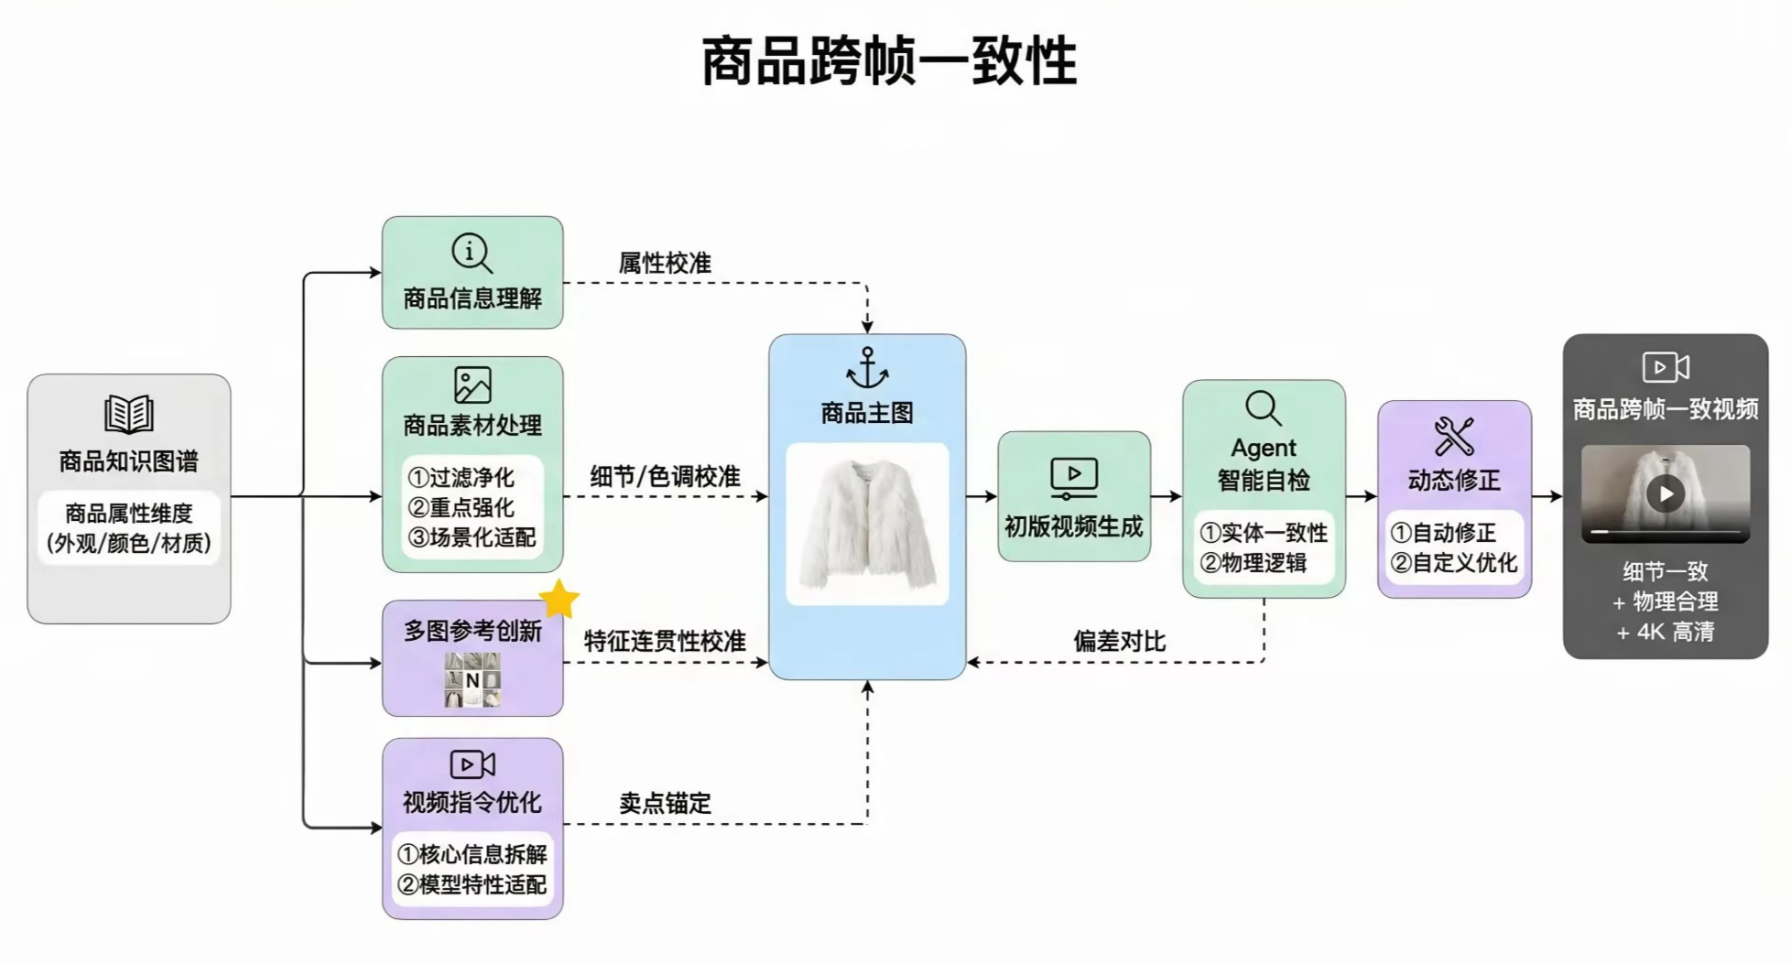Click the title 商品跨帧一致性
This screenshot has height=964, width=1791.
(x=888, y=61)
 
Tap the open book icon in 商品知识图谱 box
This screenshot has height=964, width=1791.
(x=128, y=414)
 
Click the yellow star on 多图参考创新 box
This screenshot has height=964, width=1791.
(x=559, y=600)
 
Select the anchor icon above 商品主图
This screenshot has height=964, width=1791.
(x=866, y=368)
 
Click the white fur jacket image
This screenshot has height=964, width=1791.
(x=866, y=525)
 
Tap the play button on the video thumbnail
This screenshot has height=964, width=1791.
(x=1665, y=494)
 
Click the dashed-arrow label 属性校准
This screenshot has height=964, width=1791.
(x=665, y=264)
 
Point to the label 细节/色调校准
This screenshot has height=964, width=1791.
(x=665, y=476)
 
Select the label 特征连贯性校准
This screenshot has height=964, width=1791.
(x=665, y=641)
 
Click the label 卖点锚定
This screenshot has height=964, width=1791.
(x=665, y=803)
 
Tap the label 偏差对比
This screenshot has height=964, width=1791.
(x=1119, y=641)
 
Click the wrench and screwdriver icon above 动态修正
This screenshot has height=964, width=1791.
(x=1453, y=437)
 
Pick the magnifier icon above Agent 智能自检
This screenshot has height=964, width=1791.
(x=1263, y=408)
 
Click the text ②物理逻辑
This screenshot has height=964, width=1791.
(x=1254, y=563)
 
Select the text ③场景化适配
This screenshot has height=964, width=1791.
(x=472, y=537)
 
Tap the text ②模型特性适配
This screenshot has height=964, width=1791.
(x=472, y=884)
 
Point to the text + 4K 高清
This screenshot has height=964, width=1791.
(x=1665, y=632)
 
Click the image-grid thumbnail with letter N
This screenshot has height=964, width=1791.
(x=472, y=680)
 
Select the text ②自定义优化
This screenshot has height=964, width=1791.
(x=1453, y=563)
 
